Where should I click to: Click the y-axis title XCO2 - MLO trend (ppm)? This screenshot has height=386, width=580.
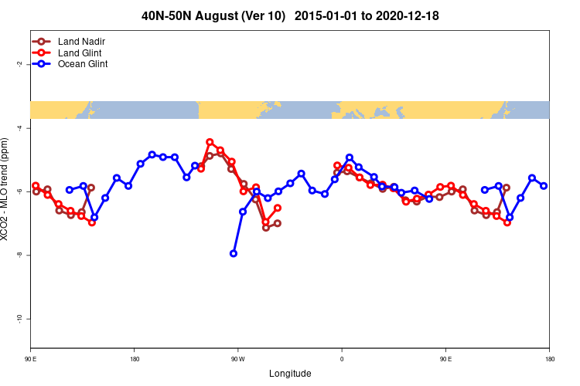tap(6, 190)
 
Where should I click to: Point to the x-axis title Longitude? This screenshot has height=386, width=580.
tap(290, 374)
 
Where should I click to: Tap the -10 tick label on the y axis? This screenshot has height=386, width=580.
tap(19, 318)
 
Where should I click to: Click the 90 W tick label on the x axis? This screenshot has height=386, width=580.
tap(237, 358)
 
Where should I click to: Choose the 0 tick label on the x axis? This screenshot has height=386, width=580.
tap(341, 358)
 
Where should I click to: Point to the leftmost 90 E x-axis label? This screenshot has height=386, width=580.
tap(31, 358)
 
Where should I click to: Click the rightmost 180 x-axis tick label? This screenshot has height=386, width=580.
tap(549, 358)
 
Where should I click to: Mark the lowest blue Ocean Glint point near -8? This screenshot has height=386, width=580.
tap(234, 253)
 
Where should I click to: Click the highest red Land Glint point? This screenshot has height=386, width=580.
tap(210, 142)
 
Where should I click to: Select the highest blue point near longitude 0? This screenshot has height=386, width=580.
tap(350, 157)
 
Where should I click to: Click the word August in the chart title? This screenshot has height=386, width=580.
tap(234, 15)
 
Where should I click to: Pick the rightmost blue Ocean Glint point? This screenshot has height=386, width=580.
tap(544, 186)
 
